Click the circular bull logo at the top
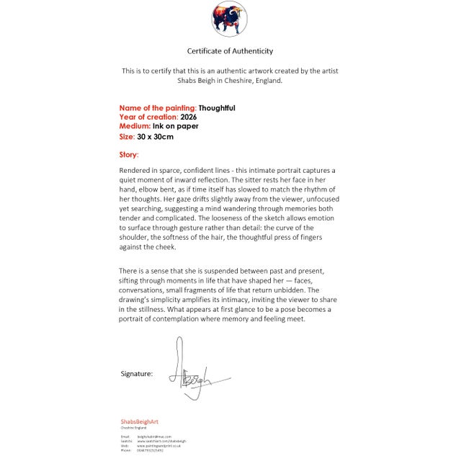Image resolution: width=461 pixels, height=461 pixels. (x=230, y=19)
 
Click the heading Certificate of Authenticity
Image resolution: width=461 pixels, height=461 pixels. (x=230, y=51)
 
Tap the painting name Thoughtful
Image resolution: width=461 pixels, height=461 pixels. (x=217, y=108)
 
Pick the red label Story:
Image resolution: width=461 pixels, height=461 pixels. (x=129, y=155)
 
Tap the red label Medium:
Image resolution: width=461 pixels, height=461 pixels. (x=135, y=126)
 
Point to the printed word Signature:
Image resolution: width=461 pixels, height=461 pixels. (x=136, y=374)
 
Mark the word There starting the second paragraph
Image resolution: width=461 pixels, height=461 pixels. (x=130, y=271)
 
